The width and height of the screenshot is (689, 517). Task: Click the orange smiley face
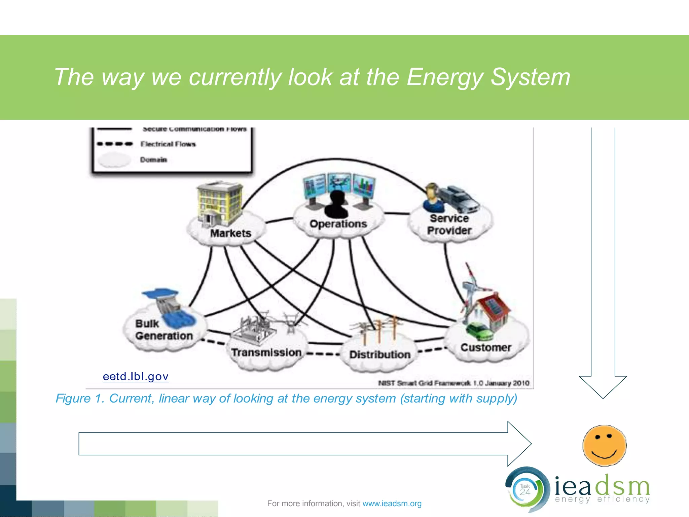coord(604,446)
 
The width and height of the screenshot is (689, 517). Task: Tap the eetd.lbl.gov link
coord(136,376)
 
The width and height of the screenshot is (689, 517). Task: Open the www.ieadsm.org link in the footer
coord(392,504)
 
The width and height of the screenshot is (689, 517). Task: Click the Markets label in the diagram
coord(231,233)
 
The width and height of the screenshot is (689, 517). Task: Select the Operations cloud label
coord(338,224)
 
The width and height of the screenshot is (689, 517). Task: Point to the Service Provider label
coord(449,225)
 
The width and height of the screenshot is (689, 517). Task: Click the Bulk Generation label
coord(164,330)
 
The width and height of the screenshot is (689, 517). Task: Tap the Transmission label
coord(266,352)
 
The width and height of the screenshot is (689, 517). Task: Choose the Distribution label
coord(380,354)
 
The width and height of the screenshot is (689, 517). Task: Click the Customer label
coord(486,347)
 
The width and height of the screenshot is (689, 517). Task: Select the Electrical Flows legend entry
coord(168,144)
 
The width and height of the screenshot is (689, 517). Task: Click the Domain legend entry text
coord(153,160)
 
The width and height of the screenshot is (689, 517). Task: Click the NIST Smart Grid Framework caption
coord(454,383)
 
